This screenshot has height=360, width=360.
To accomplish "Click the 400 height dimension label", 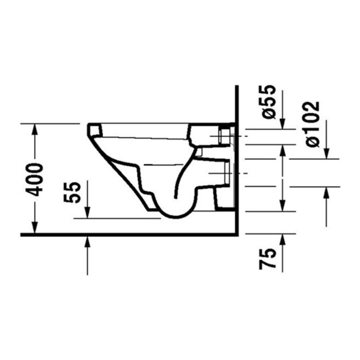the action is [x=34, y=179].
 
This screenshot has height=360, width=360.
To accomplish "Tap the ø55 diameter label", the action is [x=268, y=101].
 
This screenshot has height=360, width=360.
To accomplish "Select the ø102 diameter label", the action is [x=312, y=124].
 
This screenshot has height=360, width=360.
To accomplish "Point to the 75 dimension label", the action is [x=267, y=258].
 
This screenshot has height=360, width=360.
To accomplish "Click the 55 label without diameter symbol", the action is [x=72, y=192].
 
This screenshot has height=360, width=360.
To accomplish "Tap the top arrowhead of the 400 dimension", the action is [x=34, y=129].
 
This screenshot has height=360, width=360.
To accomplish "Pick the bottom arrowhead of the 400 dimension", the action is [x=34, y=228].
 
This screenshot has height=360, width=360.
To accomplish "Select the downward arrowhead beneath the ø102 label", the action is [x=326, y=153].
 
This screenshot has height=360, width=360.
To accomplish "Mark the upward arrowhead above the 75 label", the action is [x=282, y=239].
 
